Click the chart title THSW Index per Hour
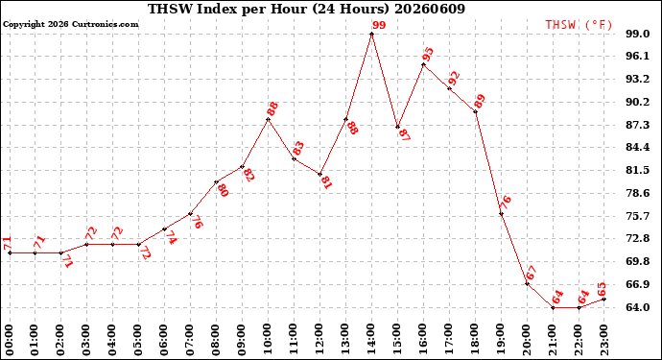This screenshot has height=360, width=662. click(x=227, y=9)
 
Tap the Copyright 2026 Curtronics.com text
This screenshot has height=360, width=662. click(x=70, y=24)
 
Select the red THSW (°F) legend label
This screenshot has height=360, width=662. click(x=579, y=25)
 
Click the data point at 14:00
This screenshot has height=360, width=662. click(x=371, y=34)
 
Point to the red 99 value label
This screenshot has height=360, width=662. click(x=379, y=25)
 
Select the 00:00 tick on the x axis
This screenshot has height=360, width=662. click(x=10, y=340)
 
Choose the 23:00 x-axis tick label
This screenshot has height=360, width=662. click(x=604, y=340)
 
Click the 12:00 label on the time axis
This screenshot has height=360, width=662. click(x=319, y=340)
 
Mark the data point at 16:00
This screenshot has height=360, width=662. click(x=423, y=64)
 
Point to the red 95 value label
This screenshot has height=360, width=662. click(x=428, y=55)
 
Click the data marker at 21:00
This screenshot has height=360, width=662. click(x=553, y=307)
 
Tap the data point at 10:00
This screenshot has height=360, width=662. click(x=268, y=119)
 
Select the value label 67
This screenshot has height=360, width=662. click(x=532, y=273)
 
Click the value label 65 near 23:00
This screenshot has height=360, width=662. click(x=603, y=289)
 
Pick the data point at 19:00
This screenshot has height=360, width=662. click(x=501, y=214)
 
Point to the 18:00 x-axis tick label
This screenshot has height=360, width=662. click(x=475, y=340)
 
